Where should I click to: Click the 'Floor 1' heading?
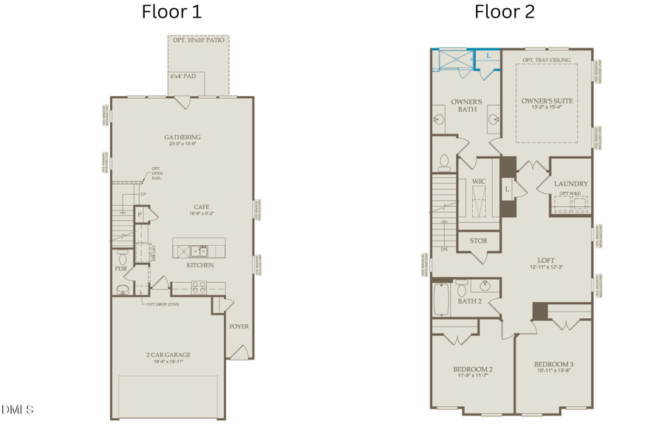[171, 12]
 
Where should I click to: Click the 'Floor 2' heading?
[505, 12]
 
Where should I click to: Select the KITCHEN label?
[199, 265]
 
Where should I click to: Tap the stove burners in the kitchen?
[199, 285]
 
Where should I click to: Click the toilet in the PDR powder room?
[123, 256]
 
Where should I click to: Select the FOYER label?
[239, 326]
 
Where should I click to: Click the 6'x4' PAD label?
[183, 77]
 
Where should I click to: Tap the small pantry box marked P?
[139, 215]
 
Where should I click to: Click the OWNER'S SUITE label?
[548, 100]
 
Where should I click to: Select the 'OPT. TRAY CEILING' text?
[548, 60]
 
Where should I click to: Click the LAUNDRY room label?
[571, 184]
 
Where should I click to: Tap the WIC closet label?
[478, 180]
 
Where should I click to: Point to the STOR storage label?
[478, 241]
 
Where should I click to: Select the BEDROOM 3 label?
[554, 364]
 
